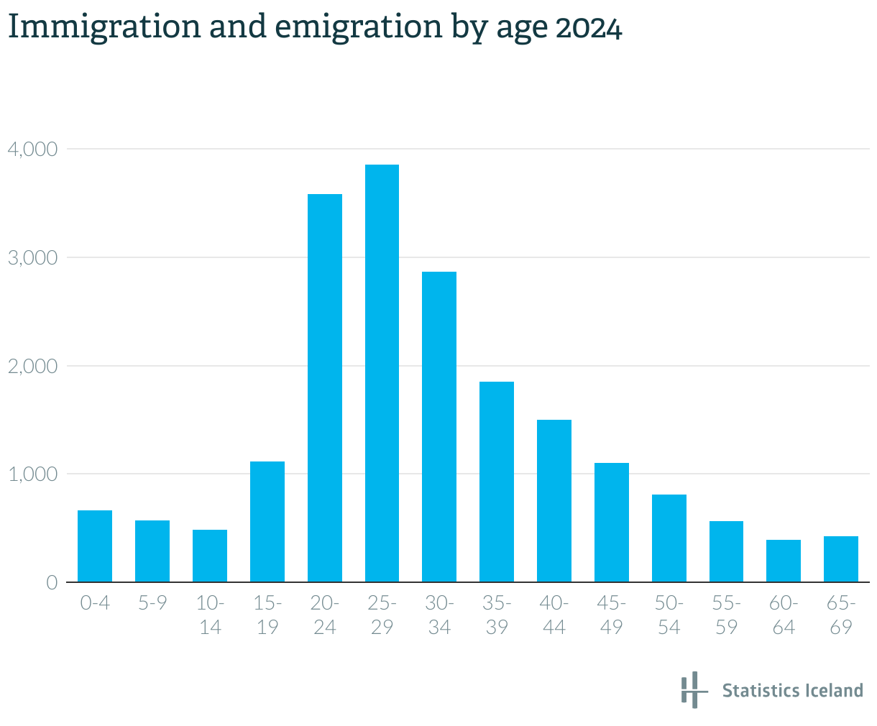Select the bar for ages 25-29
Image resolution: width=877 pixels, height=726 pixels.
click(x=382, y=373)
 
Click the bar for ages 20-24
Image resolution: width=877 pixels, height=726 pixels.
click(x=325, y=388)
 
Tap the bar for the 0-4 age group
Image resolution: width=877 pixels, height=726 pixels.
click(x=95, y=546)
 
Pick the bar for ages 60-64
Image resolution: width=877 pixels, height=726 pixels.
click(x=784, y=561)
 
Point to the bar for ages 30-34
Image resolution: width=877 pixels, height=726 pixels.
click(x=439, y=427)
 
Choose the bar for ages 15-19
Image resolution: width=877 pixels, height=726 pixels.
click(x=267, y=521)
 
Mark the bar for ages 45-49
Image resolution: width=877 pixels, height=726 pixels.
click(x=612, y=523)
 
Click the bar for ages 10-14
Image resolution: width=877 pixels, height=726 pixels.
click(x=210, y=556)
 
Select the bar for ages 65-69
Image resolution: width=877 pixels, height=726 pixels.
click(x=841, y=559)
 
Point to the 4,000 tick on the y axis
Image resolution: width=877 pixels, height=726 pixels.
click(x=32, y=150)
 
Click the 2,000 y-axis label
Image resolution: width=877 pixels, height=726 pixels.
click(x=32, y=367)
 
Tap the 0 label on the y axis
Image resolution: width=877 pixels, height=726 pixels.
click(x=52, y=583)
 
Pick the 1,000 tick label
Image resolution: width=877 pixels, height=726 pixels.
click(x=32, y=474)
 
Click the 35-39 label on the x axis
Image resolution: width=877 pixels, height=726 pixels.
click(x=497, y=615)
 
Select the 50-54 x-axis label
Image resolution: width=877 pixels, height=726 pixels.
click(x=669, y=615)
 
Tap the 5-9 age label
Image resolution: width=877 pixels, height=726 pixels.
click(x=152, y=603)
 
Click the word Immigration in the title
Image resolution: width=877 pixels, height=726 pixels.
click(x=104, y=27)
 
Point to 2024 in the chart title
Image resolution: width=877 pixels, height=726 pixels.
click(x=589, y=29)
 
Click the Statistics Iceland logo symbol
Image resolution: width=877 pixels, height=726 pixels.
click(x=690, y=690)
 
